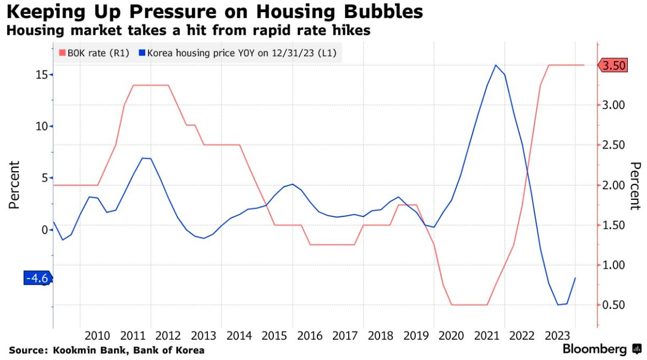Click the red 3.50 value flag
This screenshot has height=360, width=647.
[613, 66]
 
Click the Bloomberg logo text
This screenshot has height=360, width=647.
[594, 349]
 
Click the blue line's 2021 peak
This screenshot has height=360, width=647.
[496, 65]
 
